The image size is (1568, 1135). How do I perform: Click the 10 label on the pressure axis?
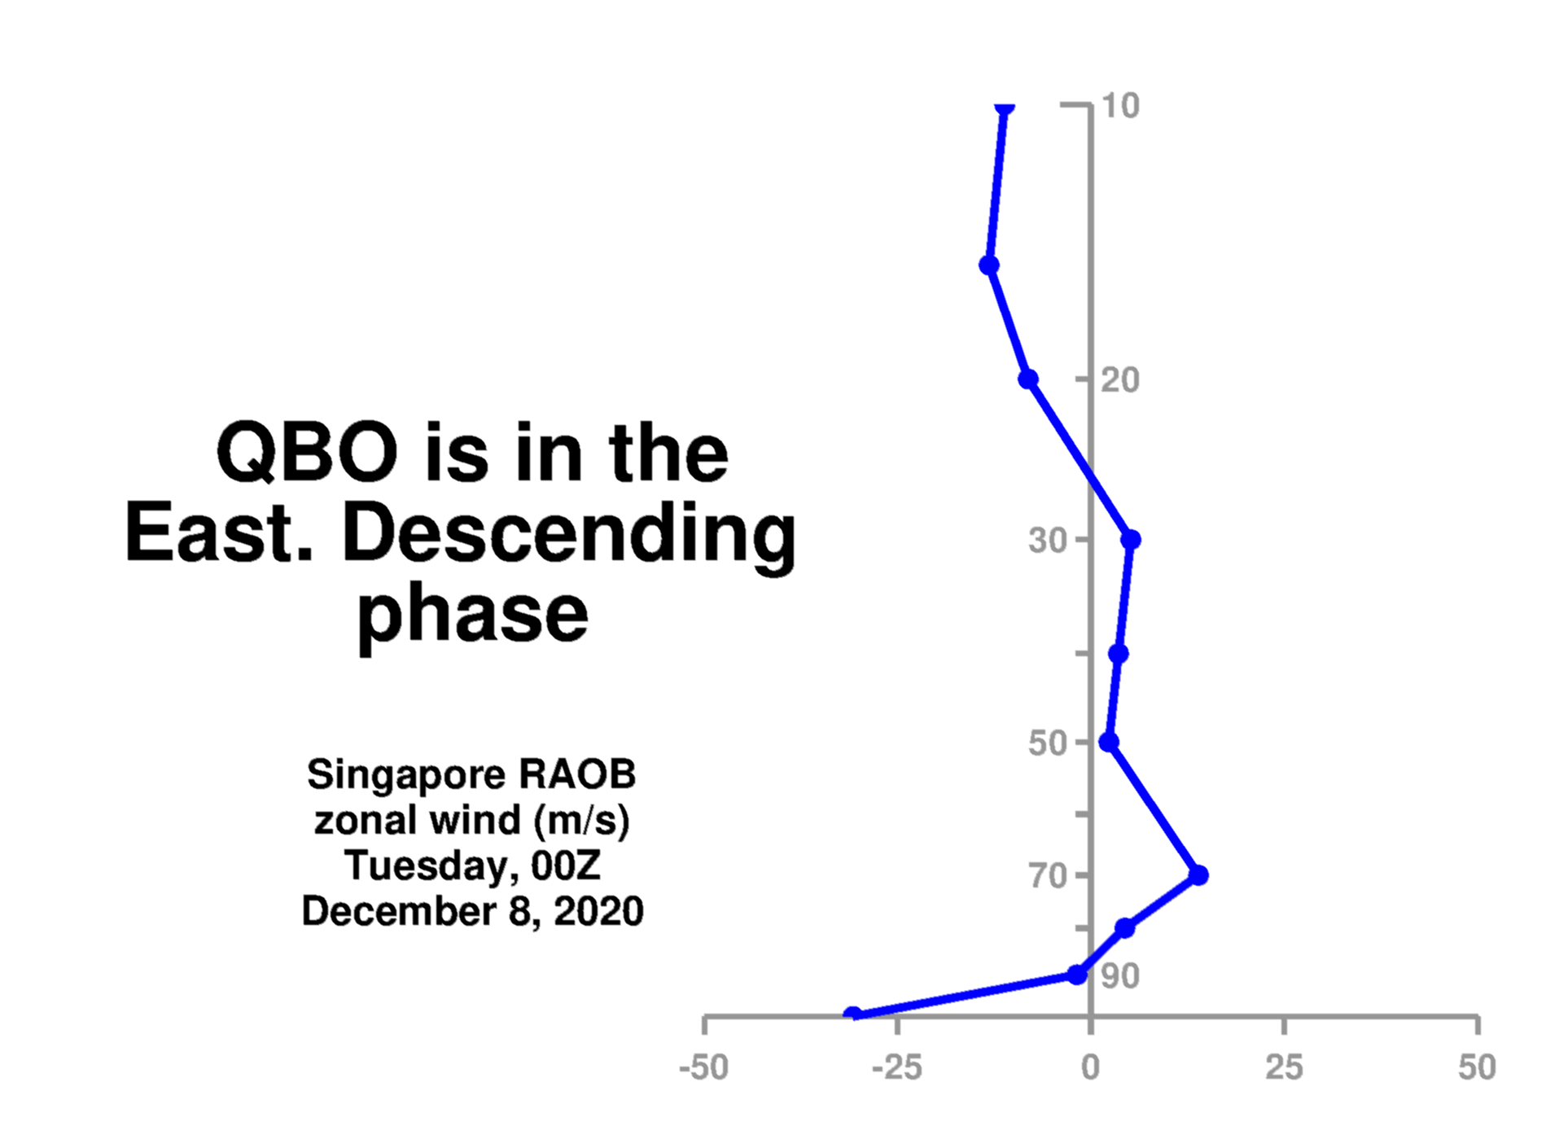click(x=1120, y=106)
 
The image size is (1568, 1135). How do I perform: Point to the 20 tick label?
click(x=1120, y=380)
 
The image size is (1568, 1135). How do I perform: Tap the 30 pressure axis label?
click(x=1048, y=540)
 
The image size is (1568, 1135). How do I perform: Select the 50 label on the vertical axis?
click(x=1048, y=743)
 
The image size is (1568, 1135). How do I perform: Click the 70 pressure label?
click(x=1048, y=876)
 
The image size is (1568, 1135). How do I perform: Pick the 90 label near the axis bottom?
click(x=1120, y=976)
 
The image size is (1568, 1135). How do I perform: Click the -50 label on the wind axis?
click(x=704, y=1067)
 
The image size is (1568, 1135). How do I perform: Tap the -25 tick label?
click(x=897, y=1067)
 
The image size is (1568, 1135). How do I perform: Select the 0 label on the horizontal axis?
click(x=1091, y=1067)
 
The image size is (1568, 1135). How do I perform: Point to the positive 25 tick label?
click(x=1284, y=1067)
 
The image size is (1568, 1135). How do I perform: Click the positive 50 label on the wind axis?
click(x=1478, y=1067)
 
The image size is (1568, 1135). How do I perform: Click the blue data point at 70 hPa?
click(x=1198, y=875)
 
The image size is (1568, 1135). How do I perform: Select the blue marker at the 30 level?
click(x=1131, y=539)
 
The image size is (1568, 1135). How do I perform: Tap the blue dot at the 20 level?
click(x=1028, y=379)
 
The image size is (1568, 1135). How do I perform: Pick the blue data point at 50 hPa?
click(x=1109, y=743)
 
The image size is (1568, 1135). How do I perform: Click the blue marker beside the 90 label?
click(x=1077, y=975)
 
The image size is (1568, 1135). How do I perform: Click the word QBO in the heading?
click(x=308, y=453)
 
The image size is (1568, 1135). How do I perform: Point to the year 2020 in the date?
click(x=598, y=911)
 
